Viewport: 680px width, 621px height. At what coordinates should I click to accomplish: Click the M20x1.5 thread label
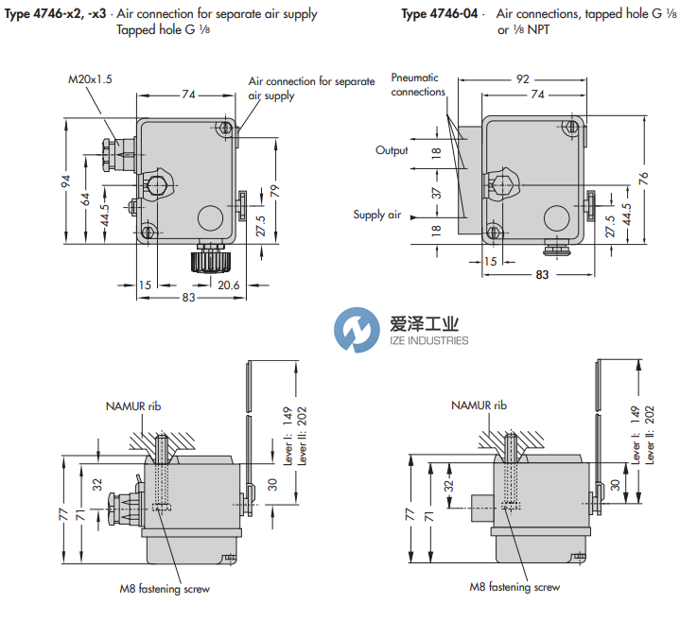[91, 79]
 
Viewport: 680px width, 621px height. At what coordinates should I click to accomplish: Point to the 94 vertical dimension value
[66, 181]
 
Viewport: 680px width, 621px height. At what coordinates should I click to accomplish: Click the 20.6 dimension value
[228, 285]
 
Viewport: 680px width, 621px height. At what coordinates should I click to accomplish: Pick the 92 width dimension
[521, 79]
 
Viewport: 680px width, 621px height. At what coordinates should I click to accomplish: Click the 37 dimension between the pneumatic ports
[438, 193]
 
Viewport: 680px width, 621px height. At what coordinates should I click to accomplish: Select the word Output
[392, 150]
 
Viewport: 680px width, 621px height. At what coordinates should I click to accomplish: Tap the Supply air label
[377, 215]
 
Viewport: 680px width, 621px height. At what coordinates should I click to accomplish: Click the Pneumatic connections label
[418, 85]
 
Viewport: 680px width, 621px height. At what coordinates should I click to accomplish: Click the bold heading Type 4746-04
[440, 14]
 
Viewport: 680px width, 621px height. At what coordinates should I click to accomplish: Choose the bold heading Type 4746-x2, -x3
[57, 14]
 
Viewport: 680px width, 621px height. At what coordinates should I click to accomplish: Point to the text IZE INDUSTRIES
[428, 340]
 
